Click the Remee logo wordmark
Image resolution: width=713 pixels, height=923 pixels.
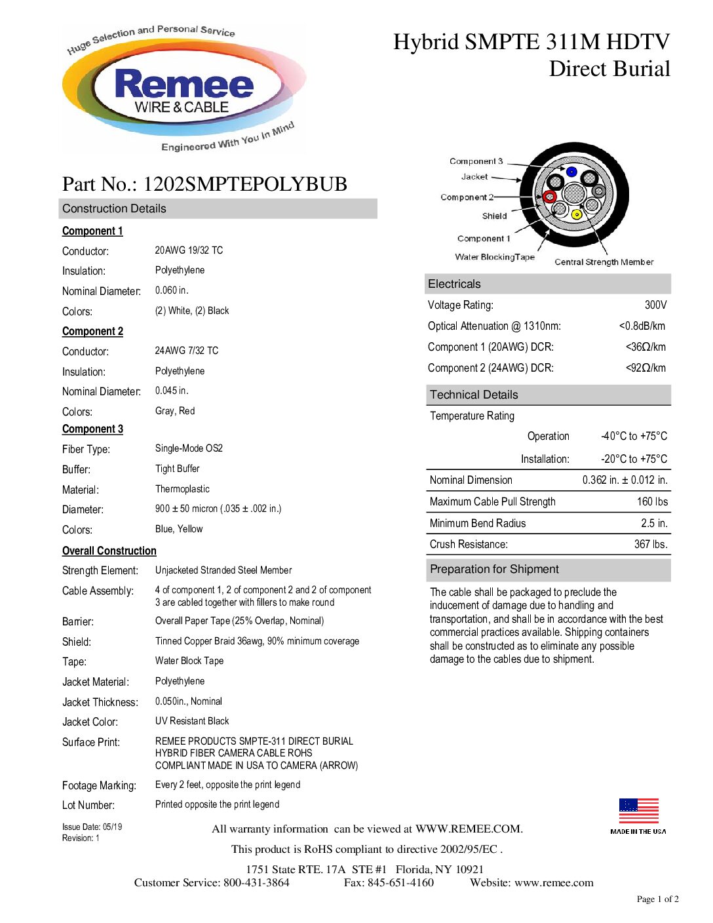point(183,85)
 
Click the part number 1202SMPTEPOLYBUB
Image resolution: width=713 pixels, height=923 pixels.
point(245,184)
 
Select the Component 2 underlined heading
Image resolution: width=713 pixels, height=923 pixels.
point(92,331)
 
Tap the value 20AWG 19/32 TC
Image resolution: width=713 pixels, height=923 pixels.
point(189,250)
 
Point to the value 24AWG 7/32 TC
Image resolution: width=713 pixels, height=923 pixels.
point(187,351)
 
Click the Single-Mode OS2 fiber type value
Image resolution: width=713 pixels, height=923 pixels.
point(189,448)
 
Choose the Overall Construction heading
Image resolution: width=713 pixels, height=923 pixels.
point(109,551)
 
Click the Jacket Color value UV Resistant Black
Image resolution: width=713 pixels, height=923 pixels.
point(192,721)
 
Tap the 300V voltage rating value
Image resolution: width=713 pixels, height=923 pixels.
point(655,305)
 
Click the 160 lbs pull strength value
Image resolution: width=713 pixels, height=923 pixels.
point(652,501)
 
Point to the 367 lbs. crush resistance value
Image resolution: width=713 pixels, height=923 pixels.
point(651,544)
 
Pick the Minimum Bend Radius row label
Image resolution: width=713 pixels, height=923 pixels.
point(478,523)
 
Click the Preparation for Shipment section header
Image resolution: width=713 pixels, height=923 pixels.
point(494,569)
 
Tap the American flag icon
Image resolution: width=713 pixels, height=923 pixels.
point(638,811)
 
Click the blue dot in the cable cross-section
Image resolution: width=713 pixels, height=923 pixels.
point(571,172)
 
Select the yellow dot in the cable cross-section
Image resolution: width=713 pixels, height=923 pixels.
point(577,214)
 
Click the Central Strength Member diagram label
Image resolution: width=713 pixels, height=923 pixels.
point(604,262)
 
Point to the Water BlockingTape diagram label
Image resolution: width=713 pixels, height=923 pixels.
point(495,257)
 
